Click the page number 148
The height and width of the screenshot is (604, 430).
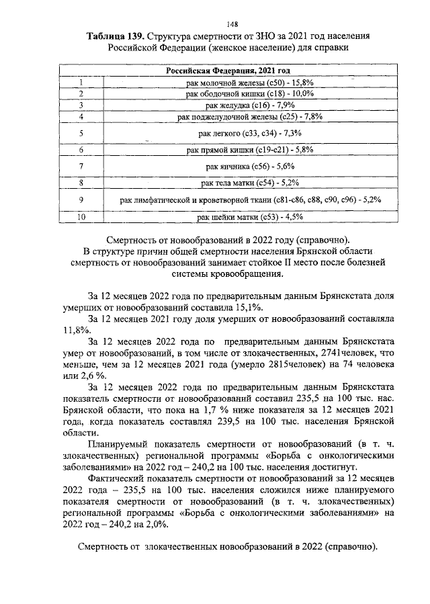click(214, 20)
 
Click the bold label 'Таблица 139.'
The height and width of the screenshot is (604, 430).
click(114, 35)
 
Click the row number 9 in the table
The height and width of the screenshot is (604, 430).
click(81, 200)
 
